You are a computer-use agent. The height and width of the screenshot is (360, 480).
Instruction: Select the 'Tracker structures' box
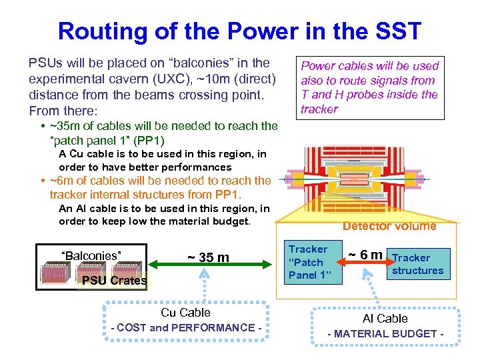click(417, 264)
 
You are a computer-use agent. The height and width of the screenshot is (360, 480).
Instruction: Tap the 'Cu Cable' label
click(185, 313)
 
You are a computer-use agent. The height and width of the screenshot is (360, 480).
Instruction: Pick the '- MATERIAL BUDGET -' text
click(385, 333)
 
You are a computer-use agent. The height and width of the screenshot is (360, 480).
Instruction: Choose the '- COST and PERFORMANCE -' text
click(186, 327)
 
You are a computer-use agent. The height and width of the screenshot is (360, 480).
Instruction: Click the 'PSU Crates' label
click(114, 281)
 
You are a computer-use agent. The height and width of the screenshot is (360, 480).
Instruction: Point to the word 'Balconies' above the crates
click(91, 255)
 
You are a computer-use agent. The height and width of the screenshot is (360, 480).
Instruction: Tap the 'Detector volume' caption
click(389, 226)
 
